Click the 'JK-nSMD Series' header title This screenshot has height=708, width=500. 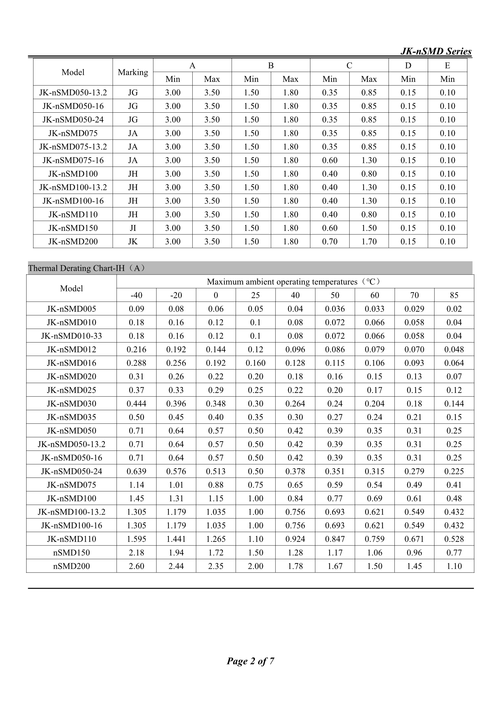click(436, 51)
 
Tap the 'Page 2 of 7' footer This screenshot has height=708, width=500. click(250, 661)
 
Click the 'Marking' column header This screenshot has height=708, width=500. click(133, 72)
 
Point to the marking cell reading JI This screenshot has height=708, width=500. click(133, 228)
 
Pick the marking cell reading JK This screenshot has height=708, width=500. click(133, 241)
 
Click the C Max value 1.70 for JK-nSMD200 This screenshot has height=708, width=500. click(369, 241)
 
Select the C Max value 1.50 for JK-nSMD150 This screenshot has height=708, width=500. click(369, 228)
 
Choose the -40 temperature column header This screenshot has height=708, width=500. click(136, 295)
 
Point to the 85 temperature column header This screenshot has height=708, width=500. click(454, 295)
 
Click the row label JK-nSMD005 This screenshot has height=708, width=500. click(71, 309)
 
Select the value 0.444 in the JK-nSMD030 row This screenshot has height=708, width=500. click(136, 403)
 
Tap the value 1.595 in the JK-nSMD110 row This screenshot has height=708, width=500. click(136, 539)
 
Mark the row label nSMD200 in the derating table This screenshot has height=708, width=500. click(71, 566)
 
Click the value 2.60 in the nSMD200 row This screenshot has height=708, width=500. click(136, 566)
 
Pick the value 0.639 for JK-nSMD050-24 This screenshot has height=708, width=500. click(136, 471)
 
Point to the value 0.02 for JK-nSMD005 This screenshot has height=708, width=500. click(454, 309)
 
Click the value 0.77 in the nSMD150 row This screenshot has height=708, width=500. click(454, 553)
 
